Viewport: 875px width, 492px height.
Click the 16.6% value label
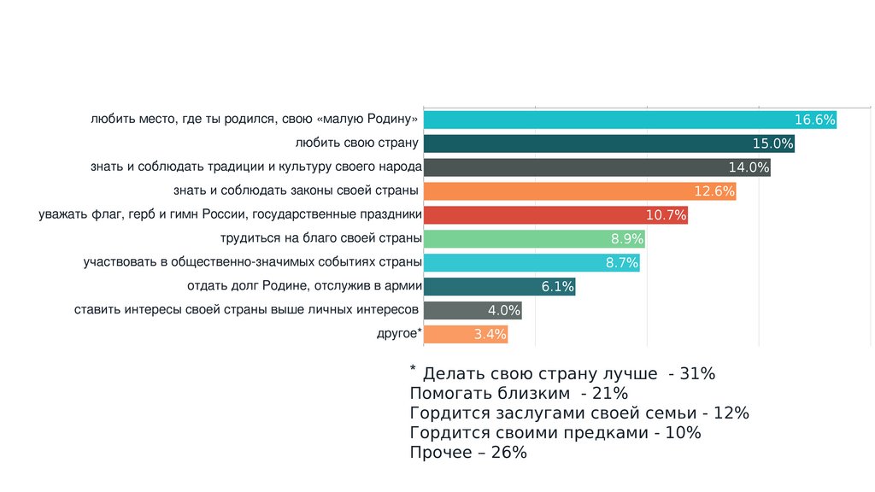814,120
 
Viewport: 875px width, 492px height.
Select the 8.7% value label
622,263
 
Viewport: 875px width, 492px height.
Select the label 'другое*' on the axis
399,333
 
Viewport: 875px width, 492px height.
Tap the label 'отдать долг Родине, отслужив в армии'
302,285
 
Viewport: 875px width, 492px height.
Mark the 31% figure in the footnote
698,374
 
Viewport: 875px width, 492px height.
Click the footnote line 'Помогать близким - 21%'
519,394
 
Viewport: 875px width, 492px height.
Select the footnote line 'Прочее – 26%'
468,453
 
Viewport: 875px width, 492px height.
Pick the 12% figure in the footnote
732,413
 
